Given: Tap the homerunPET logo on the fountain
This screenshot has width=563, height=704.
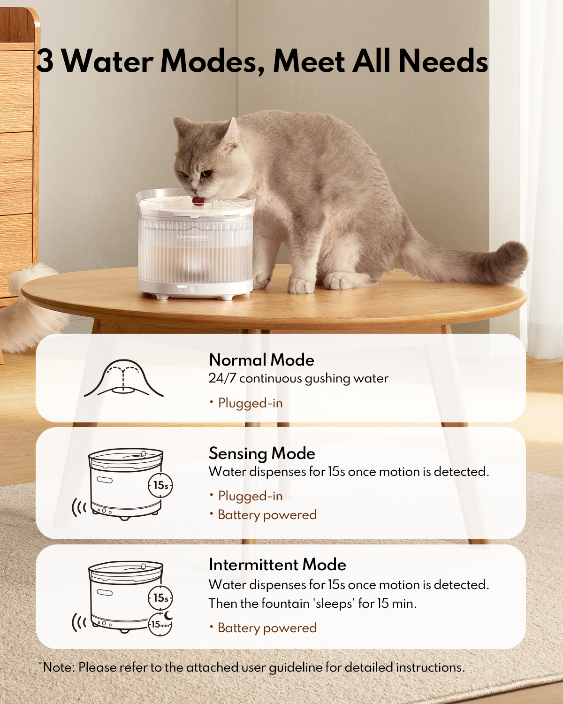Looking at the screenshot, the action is [x=195, y=237].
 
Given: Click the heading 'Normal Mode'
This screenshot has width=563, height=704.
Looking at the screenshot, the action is [x=261, y=360].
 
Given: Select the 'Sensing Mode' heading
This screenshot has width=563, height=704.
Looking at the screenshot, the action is [x=262, y=453].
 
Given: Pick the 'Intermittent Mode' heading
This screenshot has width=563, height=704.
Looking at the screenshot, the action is [x=277, y=565].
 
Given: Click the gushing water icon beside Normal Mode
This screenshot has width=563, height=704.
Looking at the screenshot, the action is [x=124, y=378].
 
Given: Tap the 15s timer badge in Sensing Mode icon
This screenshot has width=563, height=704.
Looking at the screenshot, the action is [x=160, y=485].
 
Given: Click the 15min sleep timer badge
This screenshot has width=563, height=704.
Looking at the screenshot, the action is [x=160, y=625].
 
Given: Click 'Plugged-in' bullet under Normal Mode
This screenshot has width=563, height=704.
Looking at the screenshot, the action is [x=250, y=403].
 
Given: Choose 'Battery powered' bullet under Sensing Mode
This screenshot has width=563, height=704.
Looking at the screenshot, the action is [x=267, y=515].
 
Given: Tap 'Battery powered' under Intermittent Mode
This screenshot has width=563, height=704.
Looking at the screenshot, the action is [x=267, y=628].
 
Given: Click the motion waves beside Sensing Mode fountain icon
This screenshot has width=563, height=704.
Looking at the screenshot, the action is [x=79, y=508].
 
